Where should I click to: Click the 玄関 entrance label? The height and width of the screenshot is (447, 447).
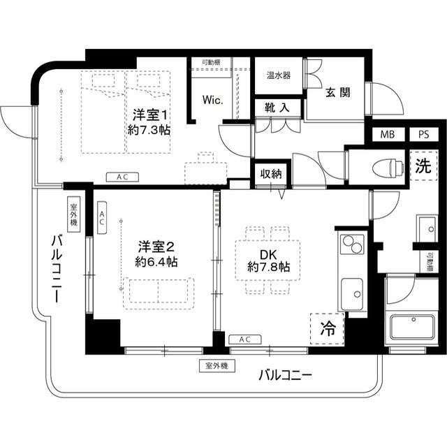pyautogui.click(x=337, y=93)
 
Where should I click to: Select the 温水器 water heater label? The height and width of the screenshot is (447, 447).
pyautogui.click(x=278, y=75)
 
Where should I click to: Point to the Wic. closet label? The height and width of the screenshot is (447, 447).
pyautogui.click(x=212, y=100)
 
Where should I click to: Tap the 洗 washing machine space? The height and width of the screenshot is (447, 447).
pyautogui.click(x=423, y=167)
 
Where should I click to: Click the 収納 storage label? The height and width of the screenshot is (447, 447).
pyautogui.click(x=271, y=173)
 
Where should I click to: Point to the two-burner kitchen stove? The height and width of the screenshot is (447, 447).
pyautogui.click(x=352, y=245)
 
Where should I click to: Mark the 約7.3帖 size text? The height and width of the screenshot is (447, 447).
pyautogui.click(x=149, y=130)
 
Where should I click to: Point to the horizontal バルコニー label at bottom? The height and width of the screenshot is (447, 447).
pyautogui.click(x=285, y=375)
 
